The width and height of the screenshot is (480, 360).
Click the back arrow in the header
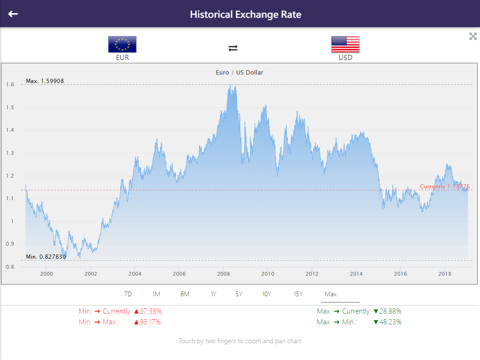coord(13,14)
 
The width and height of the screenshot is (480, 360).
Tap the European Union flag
coord(122,45)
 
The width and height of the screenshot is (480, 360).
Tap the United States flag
coord(345,45)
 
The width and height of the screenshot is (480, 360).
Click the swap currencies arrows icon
coord(233,48)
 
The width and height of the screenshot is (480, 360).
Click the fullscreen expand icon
coord(473,37)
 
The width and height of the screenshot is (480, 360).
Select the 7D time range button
coord(128,294)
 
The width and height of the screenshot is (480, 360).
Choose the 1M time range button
coord(156,294)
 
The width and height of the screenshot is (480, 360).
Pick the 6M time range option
coord(185,294)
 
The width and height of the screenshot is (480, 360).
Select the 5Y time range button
coord(239,294)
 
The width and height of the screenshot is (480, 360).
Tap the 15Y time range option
coord(298,294)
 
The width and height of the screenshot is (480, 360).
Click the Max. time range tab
coord(331,294)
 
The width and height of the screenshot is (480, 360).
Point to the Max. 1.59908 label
coord(45,81)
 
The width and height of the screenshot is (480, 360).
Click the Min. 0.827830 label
coord(46,257)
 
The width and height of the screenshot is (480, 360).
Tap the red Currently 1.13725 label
coord(445,187)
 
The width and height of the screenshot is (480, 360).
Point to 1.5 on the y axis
coord(10,107)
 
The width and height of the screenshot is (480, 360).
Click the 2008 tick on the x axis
coord(223,274)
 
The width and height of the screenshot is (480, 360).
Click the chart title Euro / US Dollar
coord(240,73)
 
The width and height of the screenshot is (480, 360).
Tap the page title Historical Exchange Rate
coord(246,14)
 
